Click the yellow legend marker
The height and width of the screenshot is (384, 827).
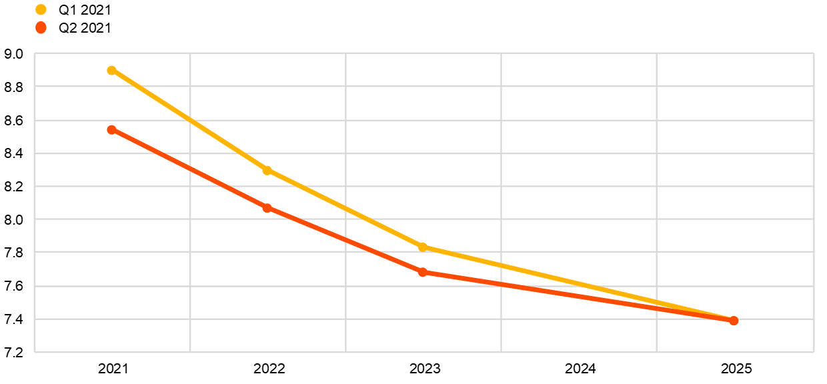tap(41, 9)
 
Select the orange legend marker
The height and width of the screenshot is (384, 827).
tap(41, 27)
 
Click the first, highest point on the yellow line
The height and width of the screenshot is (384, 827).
tap(111, 70)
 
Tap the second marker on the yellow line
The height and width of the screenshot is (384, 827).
tap(267, 170)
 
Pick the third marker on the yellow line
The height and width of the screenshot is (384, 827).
tap(422, 247)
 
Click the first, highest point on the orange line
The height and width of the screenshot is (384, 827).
tap(111, 129)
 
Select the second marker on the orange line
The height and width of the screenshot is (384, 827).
tap(267, 208)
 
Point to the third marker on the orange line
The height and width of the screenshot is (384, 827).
tap(422, 272)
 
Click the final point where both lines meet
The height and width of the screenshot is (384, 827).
tap(734, 321)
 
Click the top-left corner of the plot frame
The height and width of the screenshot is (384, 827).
tap(35, 53)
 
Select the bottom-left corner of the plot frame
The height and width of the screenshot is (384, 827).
tap(35, 352)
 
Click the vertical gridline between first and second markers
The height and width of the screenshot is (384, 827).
tap(190, 267)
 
